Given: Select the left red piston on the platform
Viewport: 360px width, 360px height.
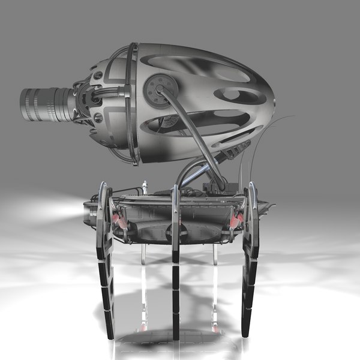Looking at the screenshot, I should coord(119,221).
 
